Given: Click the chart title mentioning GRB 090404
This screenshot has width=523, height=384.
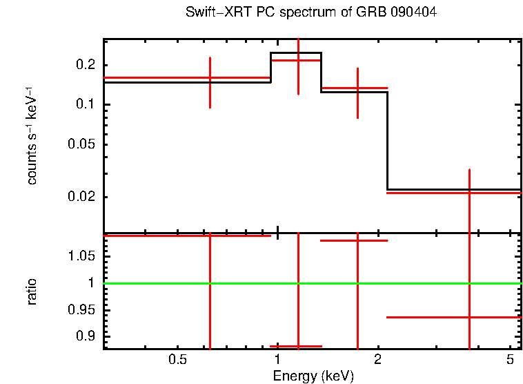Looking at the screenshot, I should tap(311, 13).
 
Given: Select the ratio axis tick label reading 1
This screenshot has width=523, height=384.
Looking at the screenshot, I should tap(91, 283).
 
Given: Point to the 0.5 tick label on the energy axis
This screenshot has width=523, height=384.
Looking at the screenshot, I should tap(178, 361).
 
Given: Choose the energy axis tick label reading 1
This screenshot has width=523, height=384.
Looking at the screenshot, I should tap(277, 361).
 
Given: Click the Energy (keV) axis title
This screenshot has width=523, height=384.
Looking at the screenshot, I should tap(313, 376).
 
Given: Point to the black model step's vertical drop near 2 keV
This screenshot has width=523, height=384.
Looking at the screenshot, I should tap(387, 138).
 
